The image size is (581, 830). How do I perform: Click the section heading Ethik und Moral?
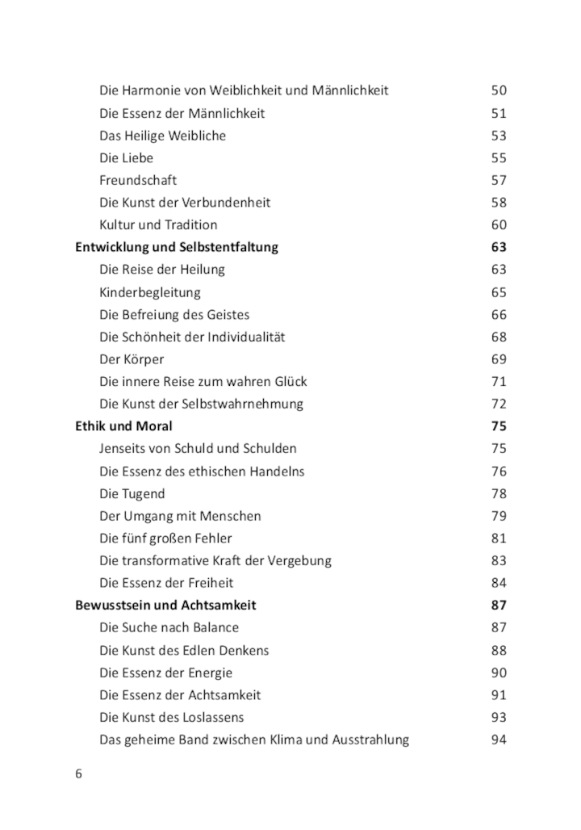click(x=123, y=425)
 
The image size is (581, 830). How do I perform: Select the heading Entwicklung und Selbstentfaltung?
click(x=177, y=247)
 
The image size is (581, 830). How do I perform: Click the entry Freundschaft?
click(x=138, y=180)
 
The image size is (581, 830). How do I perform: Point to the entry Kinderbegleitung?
click(x=150, y=292)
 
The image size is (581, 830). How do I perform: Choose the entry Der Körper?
click(x=132, y=358)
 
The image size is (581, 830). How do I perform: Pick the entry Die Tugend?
click(x=132, y=493)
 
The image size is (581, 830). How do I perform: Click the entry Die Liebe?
click(x=126, y=157)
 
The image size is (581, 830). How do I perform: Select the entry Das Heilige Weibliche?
click(x=162, y=136)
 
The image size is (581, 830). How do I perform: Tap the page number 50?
click(x=499, y=90)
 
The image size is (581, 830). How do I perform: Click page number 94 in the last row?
click(x=499, y=739)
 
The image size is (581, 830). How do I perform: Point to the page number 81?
click(x=499, y=538)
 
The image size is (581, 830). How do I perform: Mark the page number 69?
click(x=499, y=358)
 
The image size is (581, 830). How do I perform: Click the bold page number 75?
click(x=499, y=425)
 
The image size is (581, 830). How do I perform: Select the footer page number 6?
click(x=78, y=773)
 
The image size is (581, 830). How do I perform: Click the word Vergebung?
click(x=300, y=560)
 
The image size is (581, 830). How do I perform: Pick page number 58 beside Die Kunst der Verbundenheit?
click(x=499, y=202)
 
